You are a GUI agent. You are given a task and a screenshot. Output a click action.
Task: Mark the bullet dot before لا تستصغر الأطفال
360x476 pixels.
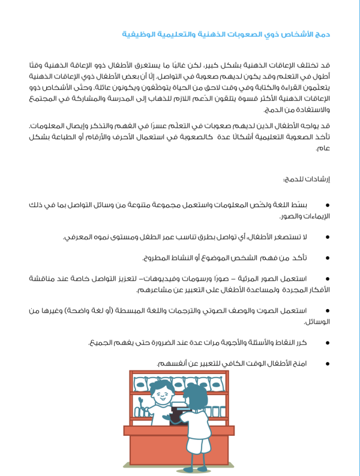pyautogui.click(x=327, y=237)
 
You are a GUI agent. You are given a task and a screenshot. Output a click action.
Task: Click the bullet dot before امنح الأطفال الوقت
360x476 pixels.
pyautogui.click(x=327, y=364)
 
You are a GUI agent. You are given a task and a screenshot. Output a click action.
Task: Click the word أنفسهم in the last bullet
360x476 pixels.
pyautogui.click(x=172, y=364)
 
